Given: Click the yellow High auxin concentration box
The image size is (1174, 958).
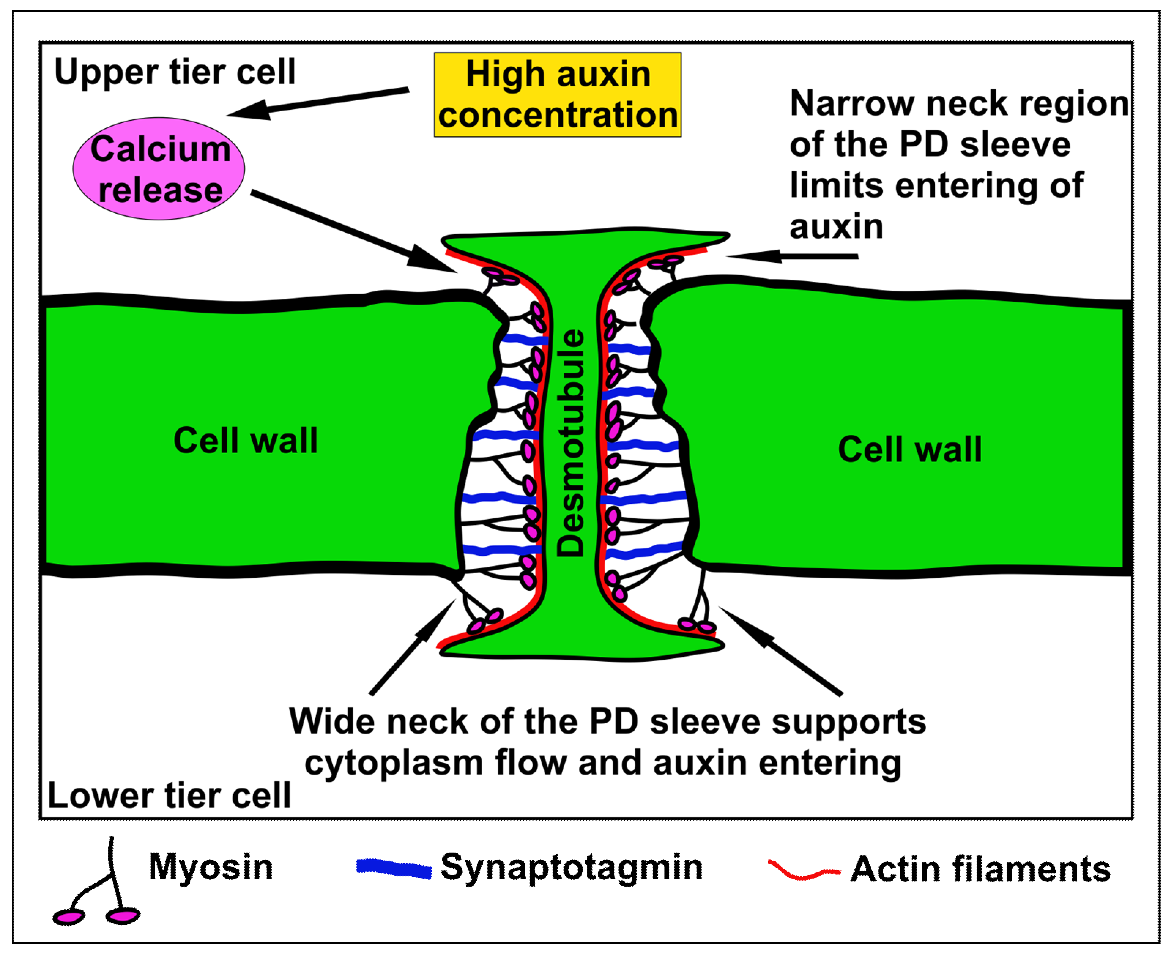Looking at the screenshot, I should pyautogui.click(x=557, y=95).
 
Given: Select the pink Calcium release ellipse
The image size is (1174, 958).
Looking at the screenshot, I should pyautogui.click(x=159, y=169).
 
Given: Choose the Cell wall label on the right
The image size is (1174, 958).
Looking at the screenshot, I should pyautogui.click(x=910, y=449).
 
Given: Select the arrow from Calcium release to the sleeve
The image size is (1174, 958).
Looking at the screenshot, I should pyautogui.click(x=353, y=232).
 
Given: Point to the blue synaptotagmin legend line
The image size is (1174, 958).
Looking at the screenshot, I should pyautogui.click(x=394, y=869).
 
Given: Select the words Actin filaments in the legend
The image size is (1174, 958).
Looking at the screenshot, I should pyautogui.click(x=980, y=870).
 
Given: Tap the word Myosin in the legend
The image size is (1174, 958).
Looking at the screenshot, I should pyautogui.click(x=211, y=868).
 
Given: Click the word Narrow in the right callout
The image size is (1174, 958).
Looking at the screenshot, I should pyautogui.click(x=852, y=104).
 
